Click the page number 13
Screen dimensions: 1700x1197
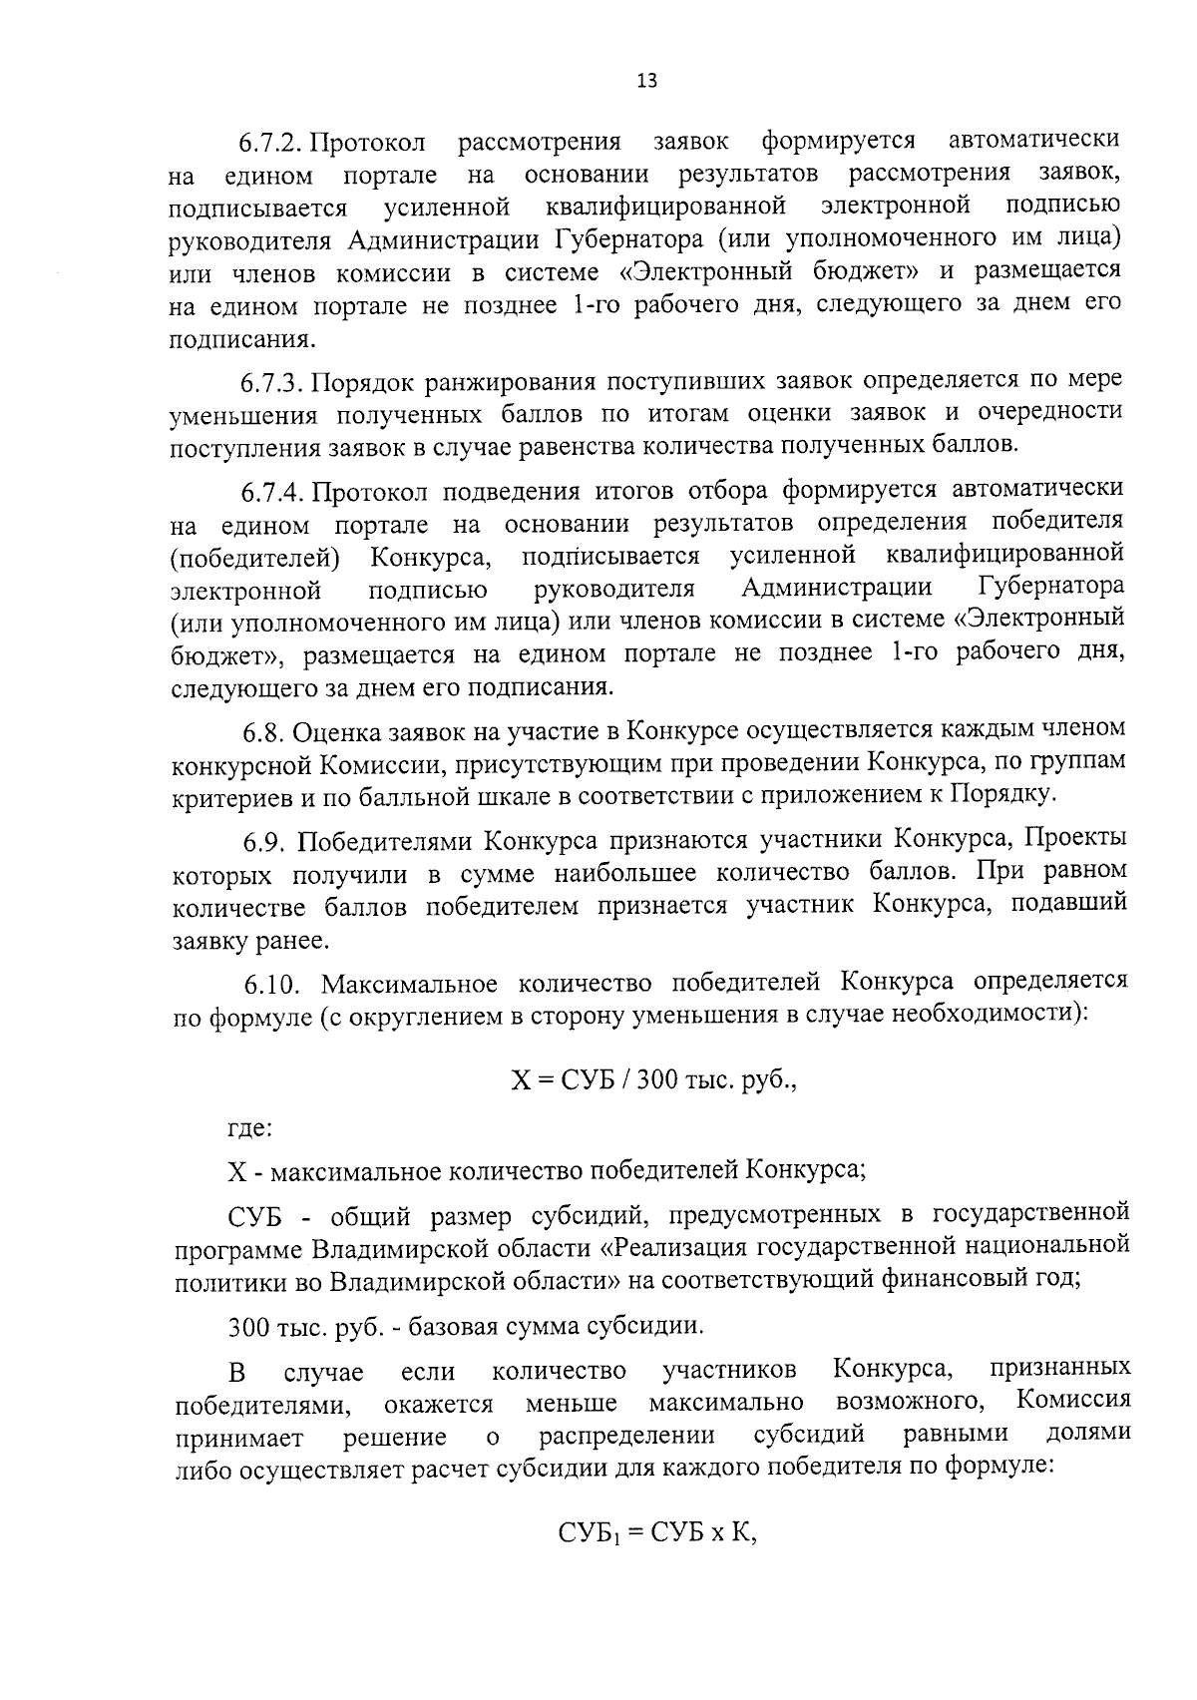[x=646, y=81]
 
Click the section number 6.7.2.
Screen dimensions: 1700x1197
[x=272, y=140]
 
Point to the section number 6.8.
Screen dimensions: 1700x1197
[x=263, y=732]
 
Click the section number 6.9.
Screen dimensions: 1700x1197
[x=264, y=840]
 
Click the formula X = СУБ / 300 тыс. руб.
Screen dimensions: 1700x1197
[x=653, y=1079]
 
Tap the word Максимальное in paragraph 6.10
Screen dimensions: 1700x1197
[x=409, y=984]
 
